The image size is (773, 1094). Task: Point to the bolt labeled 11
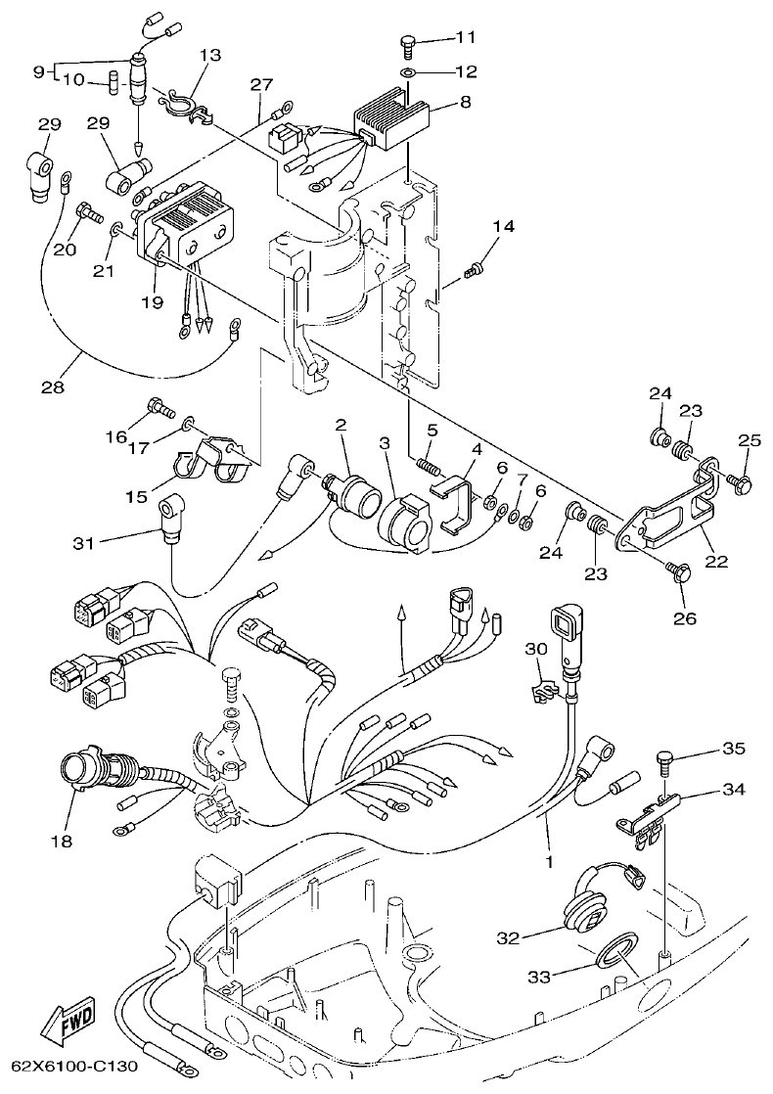click(x=409, y=42)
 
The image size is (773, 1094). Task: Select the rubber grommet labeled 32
click(x=589, y=912)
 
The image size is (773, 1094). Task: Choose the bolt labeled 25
click(x=741, y=481)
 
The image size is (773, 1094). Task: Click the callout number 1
click(x=549, y=862)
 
